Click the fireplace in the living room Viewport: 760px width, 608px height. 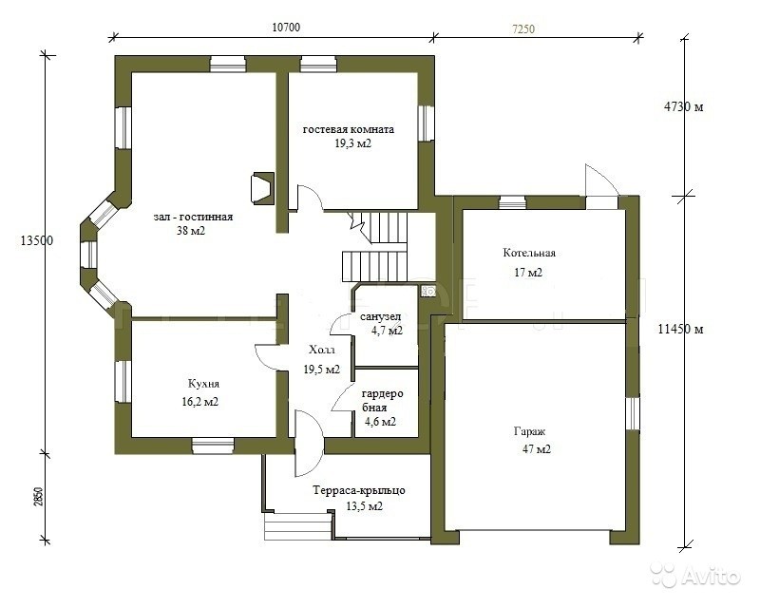click(262, 188)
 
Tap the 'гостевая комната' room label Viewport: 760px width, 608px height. click(349, 129)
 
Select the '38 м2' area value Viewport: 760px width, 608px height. click(191, 231)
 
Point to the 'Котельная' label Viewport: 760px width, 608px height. click(529, 253)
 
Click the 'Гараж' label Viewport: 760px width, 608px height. click(530, 431)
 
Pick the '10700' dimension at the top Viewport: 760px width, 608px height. click(286, 28)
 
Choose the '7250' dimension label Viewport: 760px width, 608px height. click(523, 29)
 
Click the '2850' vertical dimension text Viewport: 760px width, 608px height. click(39, 497)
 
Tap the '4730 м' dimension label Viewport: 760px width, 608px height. click(683, 106)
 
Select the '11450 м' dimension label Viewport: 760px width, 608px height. click(680, 330)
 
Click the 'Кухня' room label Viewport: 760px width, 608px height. click(203, 384)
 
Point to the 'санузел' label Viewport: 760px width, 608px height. click(381, 317)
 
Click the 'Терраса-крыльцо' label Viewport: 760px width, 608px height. click(359, 490)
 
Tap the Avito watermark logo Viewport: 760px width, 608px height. click(695, 576)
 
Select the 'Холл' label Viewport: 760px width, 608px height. click(322, 350)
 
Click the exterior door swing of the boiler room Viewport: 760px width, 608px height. click(601, 180)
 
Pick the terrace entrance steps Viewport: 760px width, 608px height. click(298, 526)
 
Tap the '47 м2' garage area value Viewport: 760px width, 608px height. click(537, 449)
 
